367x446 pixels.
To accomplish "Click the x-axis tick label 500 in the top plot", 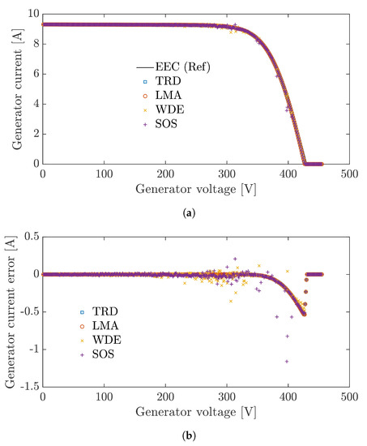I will coord(350,174).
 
